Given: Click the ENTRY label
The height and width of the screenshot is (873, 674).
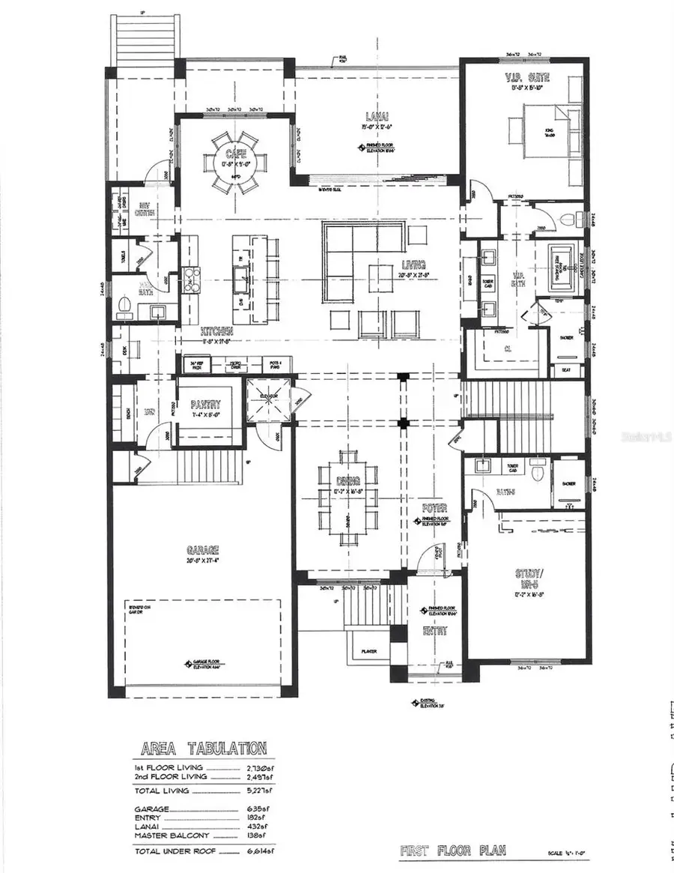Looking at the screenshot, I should point(435,631).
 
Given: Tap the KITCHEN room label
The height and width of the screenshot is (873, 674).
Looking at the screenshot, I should point(216,330).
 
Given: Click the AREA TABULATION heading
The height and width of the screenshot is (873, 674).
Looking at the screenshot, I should point(203,748).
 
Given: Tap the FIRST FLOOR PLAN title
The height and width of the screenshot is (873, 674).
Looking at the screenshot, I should point(452,850).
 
